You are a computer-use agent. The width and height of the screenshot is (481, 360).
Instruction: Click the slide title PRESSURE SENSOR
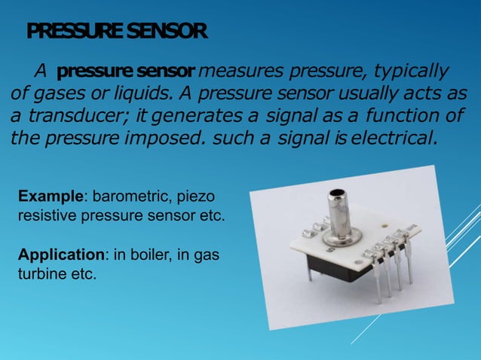pos(117,32)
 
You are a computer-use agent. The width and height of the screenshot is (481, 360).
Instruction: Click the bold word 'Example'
pos(50,197)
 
